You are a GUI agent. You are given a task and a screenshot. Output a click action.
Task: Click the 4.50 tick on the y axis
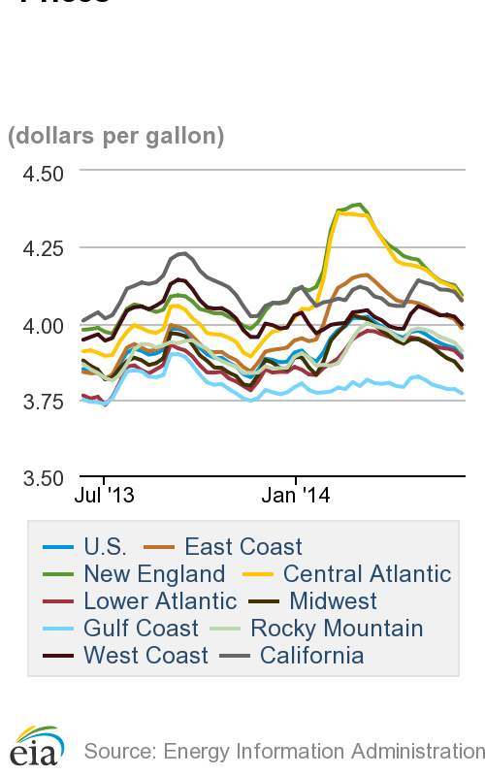pos(37,173)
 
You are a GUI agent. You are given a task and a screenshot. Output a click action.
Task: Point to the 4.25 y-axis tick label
pos(37,248)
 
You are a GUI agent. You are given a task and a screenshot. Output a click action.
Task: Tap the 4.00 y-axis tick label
pos(37,325)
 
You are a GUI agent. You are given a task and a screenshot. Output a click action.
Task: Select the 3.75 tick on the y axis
pos(37,401)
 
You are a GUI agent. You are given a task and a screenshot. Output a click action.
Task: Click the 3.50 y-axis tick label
pos(37,476)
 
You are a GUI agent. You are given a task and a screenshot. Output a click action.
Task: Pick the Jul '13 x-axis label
pos(104,495)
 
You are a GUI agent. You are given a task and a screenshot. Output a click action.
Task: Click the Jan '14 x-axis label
pos(297,495)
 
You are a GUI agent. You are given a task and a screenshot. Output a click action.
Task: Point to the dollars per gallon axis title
pos(116,136)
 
